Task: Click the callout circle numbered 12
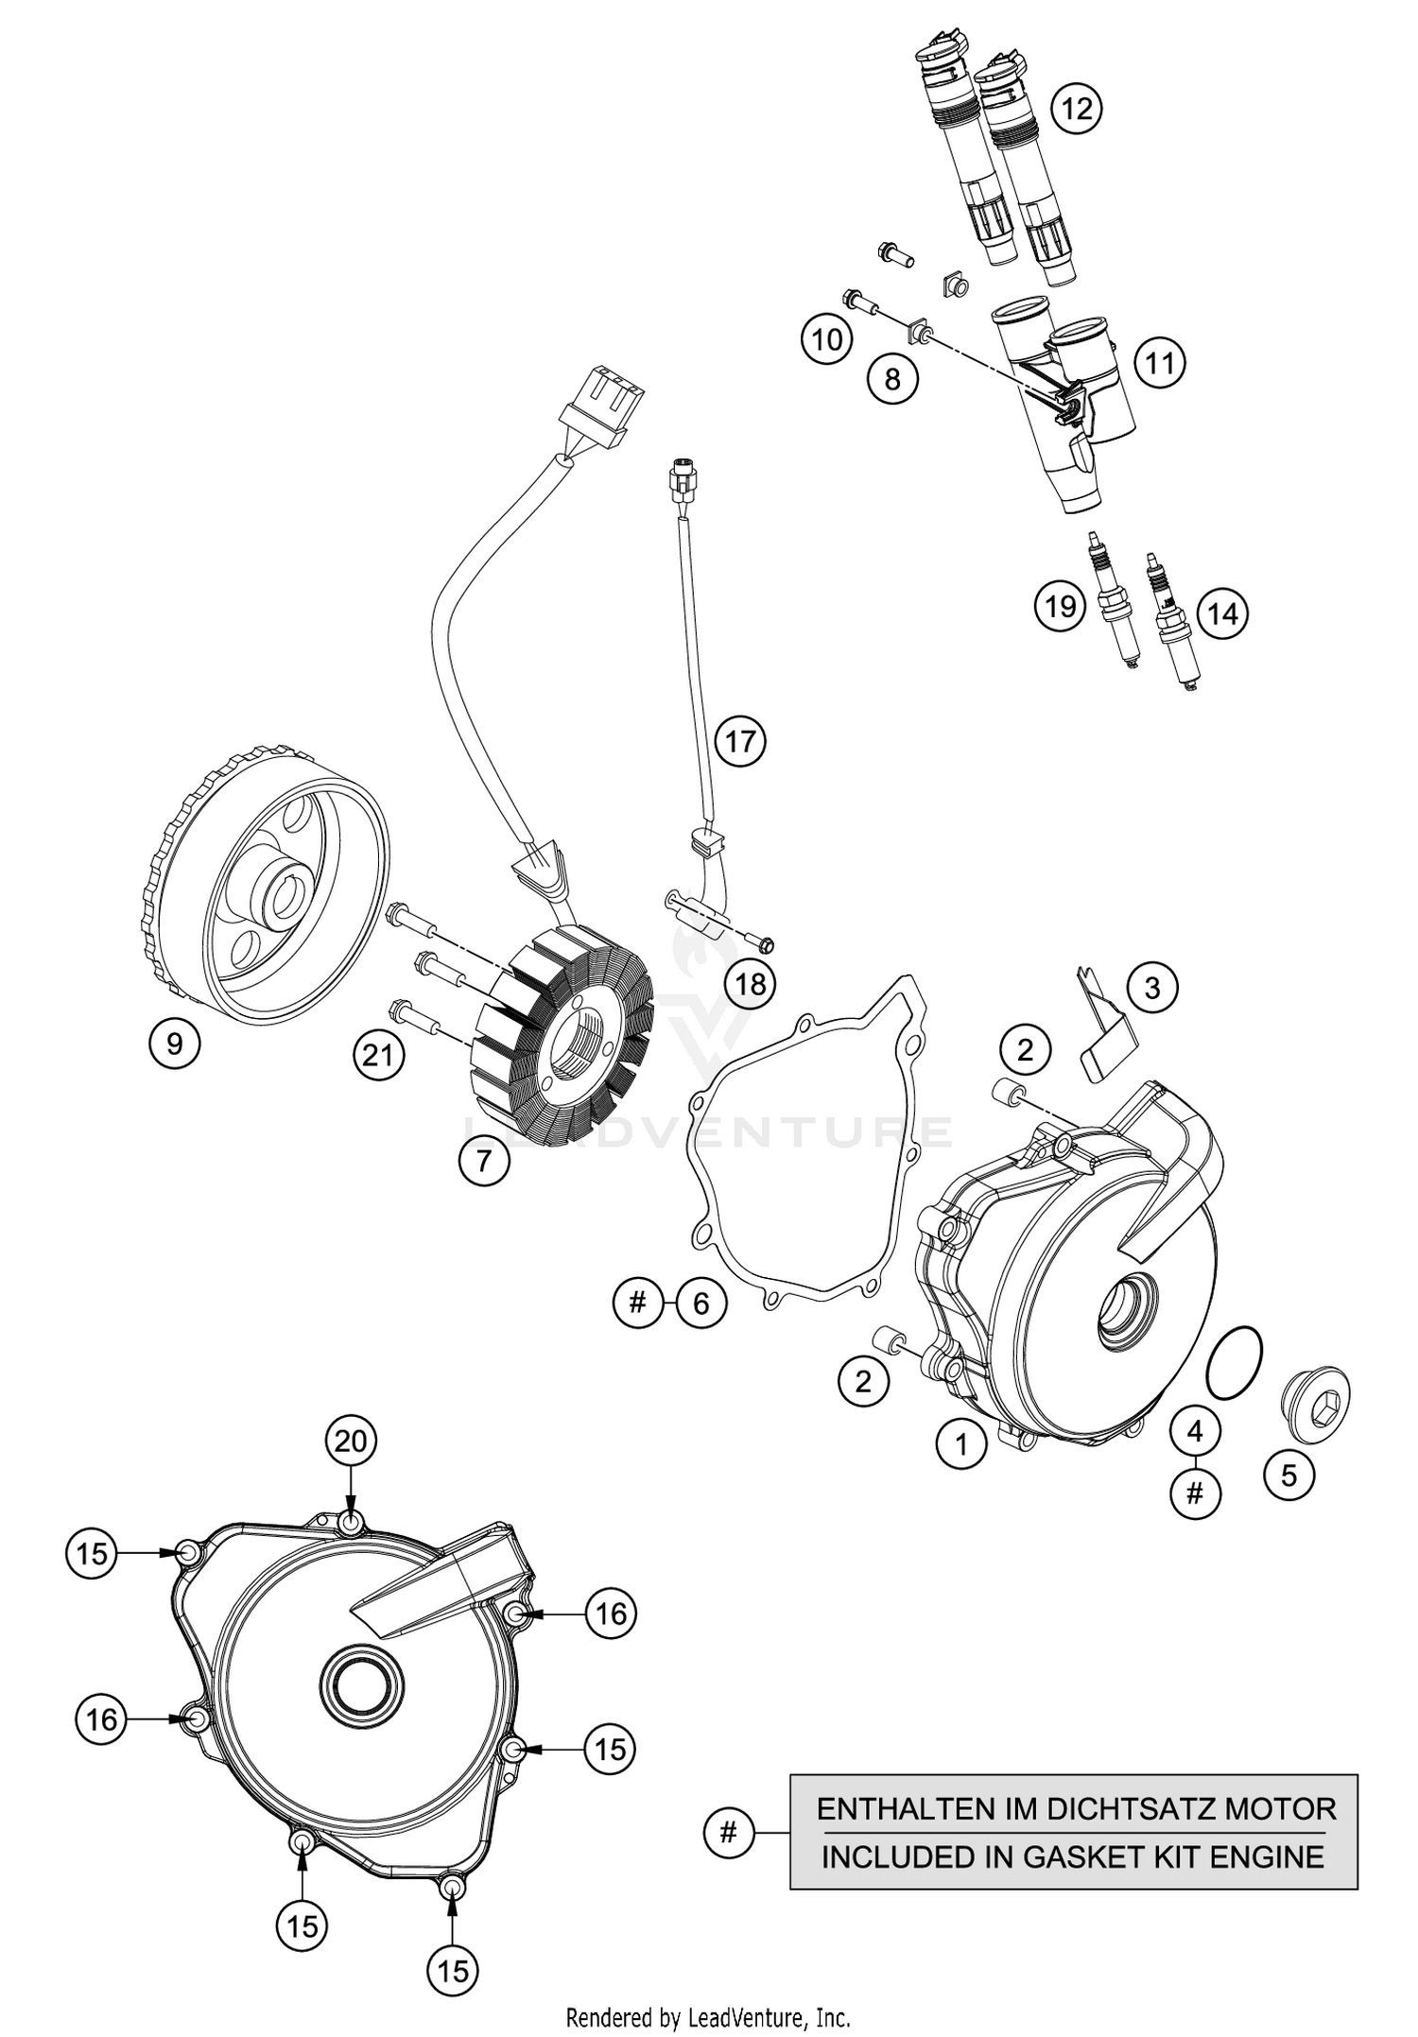pos(1076,109)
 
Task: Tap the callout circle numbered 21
pos(378,1053)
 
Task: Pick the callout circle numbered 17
pos(740,740)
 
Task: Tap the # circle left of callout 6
pos(637,1303)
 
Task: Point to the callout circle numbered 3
pos(1151,989)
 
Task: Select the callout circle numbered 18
pos(751,984)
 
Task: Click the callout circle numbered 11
pos(1160,363)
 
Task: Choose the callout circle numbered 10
pos(827,338)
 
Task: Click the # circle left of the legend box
pos(728,1833)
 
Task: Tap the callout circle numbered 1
pos(961,1444)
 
